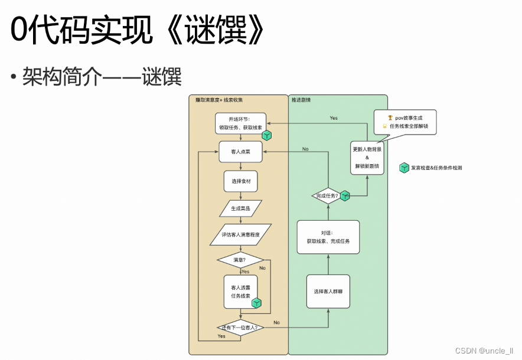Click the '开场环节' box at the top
pos(240,123)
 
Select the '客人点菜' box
pos(240,152)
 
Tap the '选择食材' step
pos(240,181)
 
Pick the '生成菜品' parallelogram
pos(240,208)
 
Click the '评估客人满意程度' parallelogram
pos(240,234)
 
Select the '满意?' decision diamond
pos(240,259)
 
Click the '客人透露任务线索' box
pos(240,292)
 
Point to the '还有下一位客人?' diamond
pos(240,327)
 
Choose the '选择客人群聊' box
pos(328,291)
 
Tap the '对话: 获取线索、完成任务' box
pos(328,237)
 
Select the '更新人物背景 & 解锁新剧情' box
pos(367,158)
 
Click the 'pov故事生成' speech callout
pos(405,122)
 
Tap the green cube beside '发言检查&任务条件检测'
pos(404,168)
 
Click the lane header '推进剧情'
pos(302,100)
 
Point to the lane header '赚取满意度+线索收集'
pos(219,100)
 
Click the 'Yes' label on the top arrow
pos(334,118)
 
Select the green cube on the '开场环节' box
pos(267,135)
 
